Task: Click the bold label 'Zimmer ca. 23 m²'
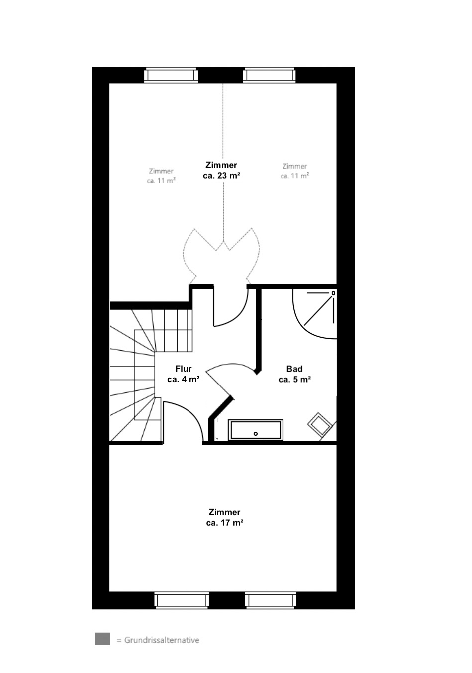(x=221, y=170)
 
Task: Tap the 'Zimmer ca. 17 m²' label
(x=224, y=517)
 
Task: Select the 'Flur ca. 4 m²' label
(x=183, y=374)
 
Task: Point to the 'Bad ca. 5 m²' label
(x=294, y=374)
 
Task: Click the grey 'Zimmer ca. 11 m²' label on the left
(x=161, y=176)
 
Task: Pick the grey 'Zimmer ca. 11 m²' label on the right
(x=294, y=171)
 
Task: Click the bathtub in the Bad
(x=256, y=430)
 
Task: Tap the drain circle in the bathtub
(x=256, y=434)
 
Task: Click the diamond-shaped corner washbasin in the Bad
(x=320, y=424)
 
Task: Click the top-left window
(x=171, y=75)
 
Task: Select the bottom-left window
(x=182, y=600)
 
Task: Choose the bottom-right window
(x=271, y=600)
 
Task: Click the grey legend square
(x=102, y=639)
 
